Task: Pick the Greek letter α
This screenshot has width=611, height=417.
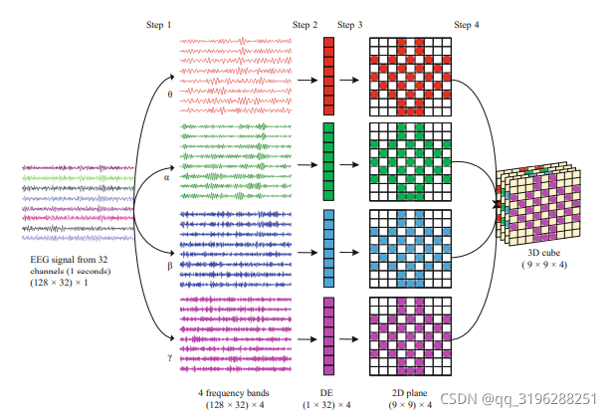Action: (x=166, y=179)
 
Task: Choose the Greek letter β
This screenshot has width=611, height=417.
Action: (x=169, y=266)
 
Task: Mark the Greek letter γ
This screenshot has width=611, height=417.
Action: (x=169, y=354)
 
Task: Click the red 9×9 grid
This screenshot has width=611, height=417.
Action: (x=405, y=76)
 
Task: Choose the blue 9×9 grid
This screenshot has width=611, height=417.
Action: (x=405, y=250)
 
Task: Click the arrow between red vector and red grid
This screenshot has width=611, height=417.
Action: (x=350, y=76)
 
